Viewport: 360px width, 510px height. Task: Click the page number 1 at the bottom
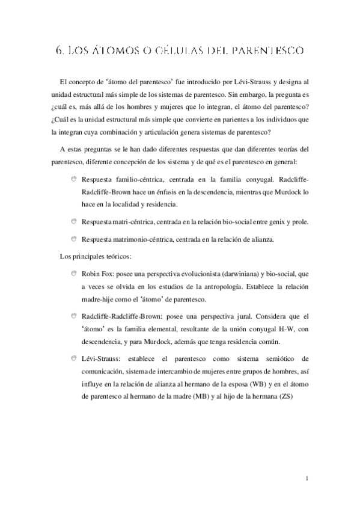[307, 478]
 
